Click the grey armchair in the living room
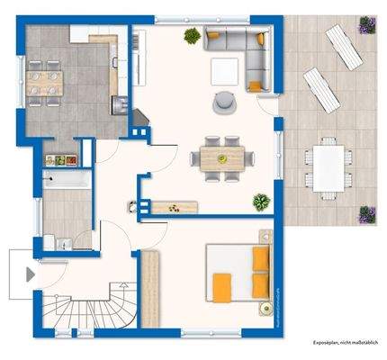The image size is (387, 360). [x=221, y=102]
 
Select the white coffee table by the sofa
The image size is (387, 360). [x=223, y=68]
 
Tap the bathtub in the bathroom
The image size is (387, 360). [x=65, y=180]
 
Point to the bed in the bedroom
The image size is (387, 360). [x=238, y=273]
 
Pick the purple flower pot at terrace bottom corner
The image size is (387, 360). [x=366, y=214]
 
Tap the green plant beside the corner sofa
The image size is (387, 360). [x=192, y=36]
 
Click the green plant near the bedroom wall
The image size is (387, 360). [x=261, y=201]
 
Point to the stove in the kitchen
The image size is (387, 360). [x=119, y=104]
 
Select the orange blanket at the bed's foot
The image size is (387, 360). [x=220, y=287]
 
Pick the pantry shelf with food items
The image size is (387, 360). [x=61, y=159]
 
